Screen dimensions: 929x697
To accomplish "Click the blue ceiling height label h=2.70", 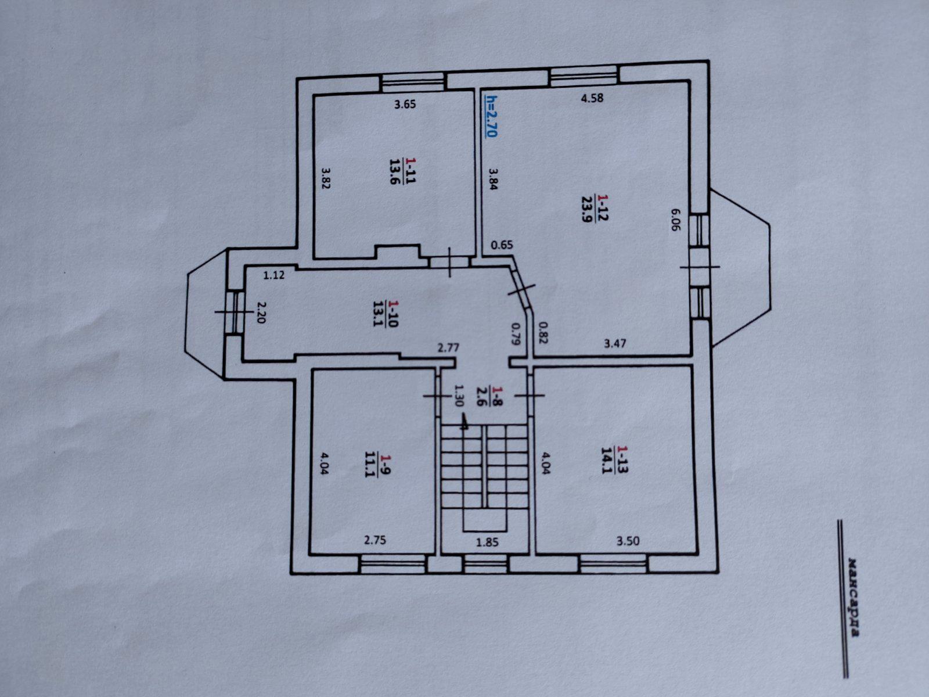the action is point(491,116).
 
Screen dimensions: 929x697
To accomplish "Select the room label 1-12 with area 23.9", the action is point(595,208).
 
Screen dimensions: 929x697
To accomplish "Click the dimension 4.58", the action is point(592,98).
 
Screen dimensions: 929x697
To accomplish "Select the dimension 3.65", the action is point(405,104).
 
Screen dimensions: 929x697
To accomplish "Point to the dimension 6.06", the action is point(675,219).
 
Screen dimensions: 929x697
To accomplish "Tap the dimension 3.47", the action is point(614,343).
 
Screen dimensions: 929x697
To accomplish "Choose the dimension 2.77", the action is point(448,348).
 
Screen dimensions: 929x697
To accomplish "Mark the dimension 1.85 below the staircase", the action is point(488,542).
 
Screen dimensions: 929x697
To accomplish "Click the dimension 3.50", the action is point(628,541).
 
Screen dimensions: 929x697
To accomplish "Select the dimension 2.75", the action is point(375,540).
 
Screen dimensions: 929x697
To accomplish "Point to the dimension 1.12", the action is point(274,275).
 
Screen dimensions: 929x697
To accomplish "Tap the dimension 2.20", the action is point(261,312).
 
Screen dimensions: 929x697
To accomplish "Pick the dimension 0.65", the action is point(502,245).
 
